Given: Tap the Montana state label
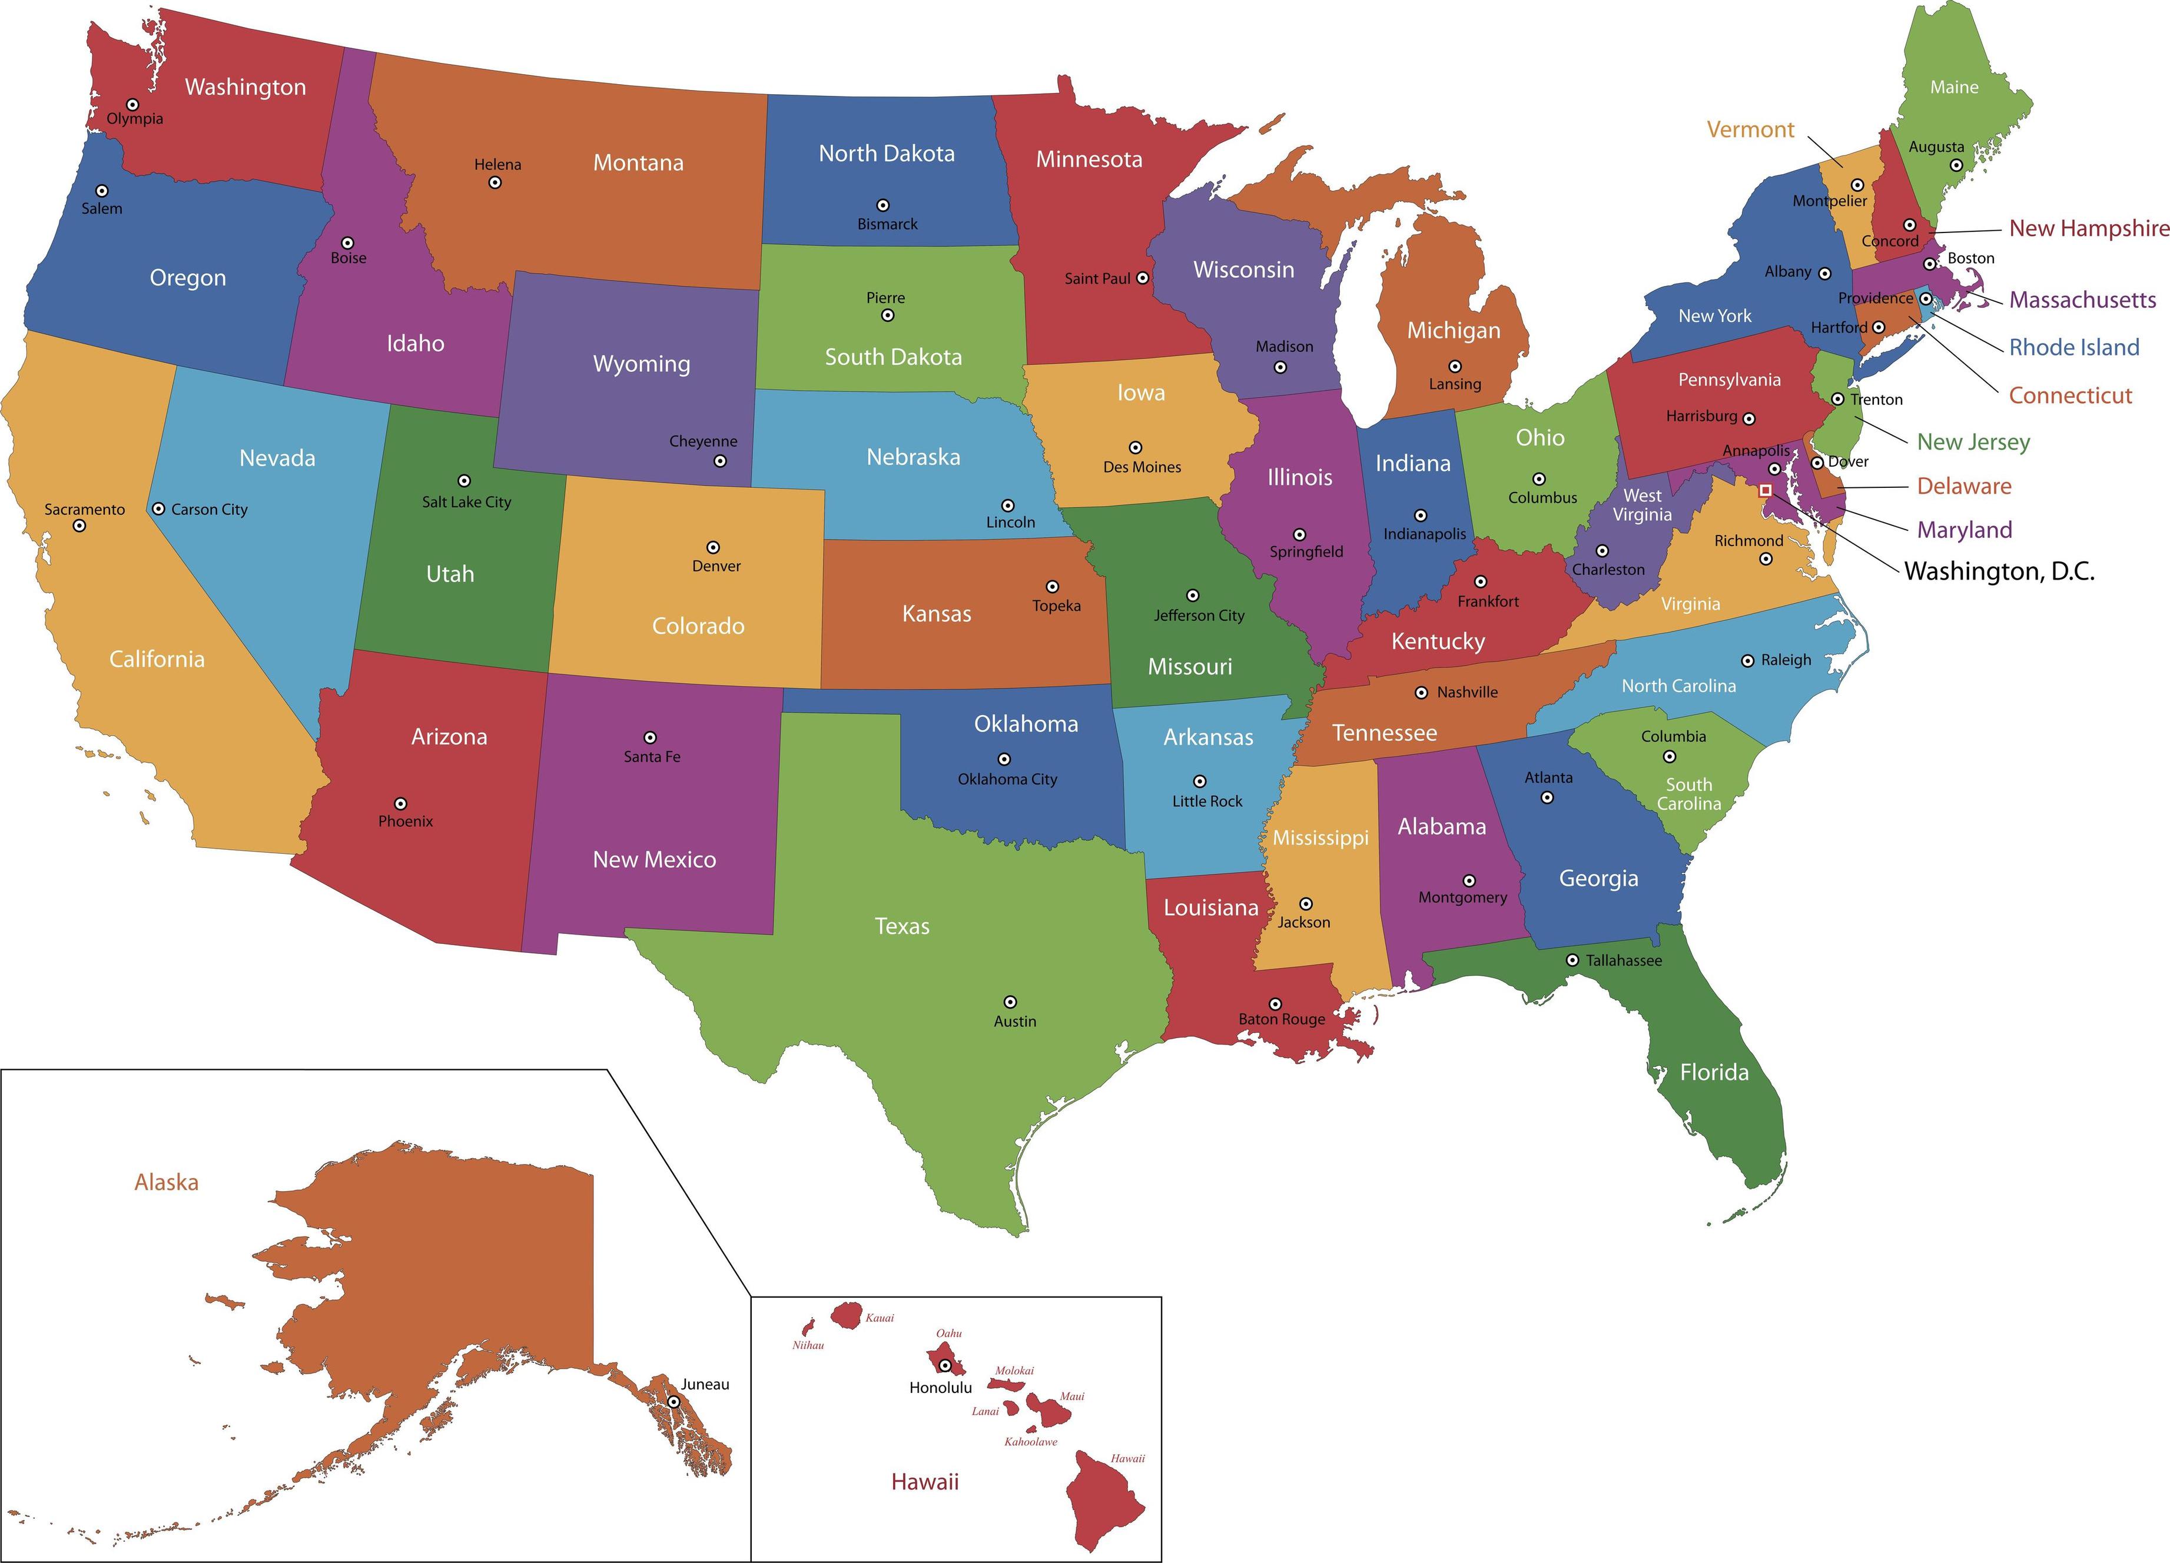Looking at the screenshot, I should [638, 162].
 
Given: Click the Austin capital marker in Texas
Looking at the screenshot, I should [1010, 1002].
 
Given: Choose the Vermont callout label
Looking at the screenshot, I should [1750, 129].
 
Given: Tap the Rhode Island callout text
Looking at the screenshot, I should [2073, 347].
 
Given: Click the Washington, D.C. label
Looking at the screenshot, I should [1999, 571].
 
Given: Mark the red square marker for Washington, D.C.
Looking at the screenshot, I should [1766, 490].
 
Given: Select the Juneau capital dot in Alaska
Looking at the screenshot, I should [673, 1401].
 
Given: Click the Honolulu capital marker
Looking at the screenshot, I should [944, 1366].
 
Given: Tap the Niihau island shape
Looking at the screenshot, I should [807, 1327].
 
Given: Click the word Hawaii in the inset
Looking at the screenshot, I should [924, 1482].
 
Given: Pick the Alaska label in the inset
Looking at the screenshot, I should [167, 1182].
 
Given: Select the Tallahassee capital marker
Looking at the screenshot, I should [1572, 959].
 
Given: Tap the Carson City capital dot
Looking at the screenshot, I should [159, 509].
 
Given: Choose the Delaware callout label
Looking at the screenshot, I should [1963, 486].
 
